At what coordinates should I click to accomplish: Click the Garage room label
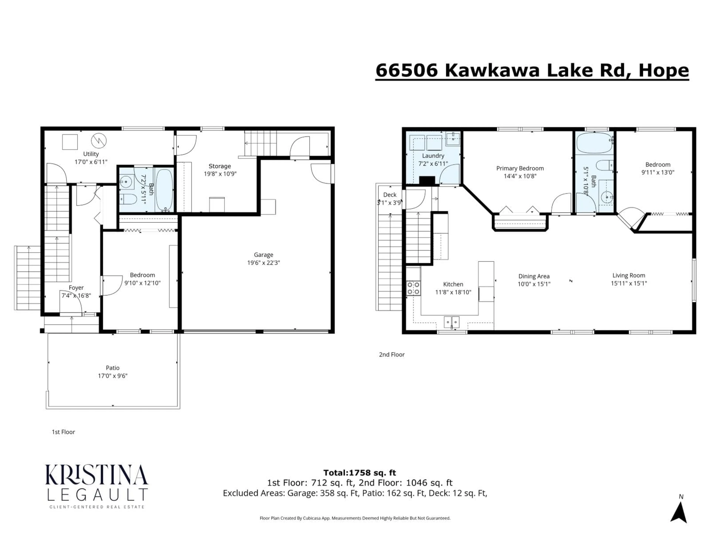[x=263, y=255]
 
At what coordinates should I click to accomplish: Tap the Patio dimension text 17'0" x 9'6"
[x=113, y=376]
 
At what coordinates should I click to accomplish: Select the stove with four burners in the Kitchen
[x=413, y=288]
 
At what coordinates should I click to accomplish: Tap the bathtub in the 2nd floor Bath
[x=594, y=143]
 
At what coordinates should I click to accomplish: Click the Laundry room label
[x=433, y=156]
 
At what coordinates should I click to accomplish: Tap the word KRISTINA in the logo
[x=96, y=475]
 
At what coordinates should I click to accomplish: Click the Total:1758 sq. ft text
[x=359, y=473]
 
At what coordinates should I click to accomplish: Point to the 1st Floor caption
[x=63, y=432]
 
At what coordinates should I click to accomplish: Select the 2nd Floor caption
[x=392, y=354]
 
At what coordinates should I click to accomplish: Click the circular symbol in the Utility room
[x=99, y=140]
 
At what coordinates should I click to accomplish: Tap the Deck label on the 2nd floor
[x=390, y=195]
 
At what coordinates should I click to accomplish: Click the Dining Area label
[x=534, y=276]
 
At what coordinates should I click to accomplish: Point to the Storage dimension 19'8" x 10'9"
[x=220, y=174]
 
